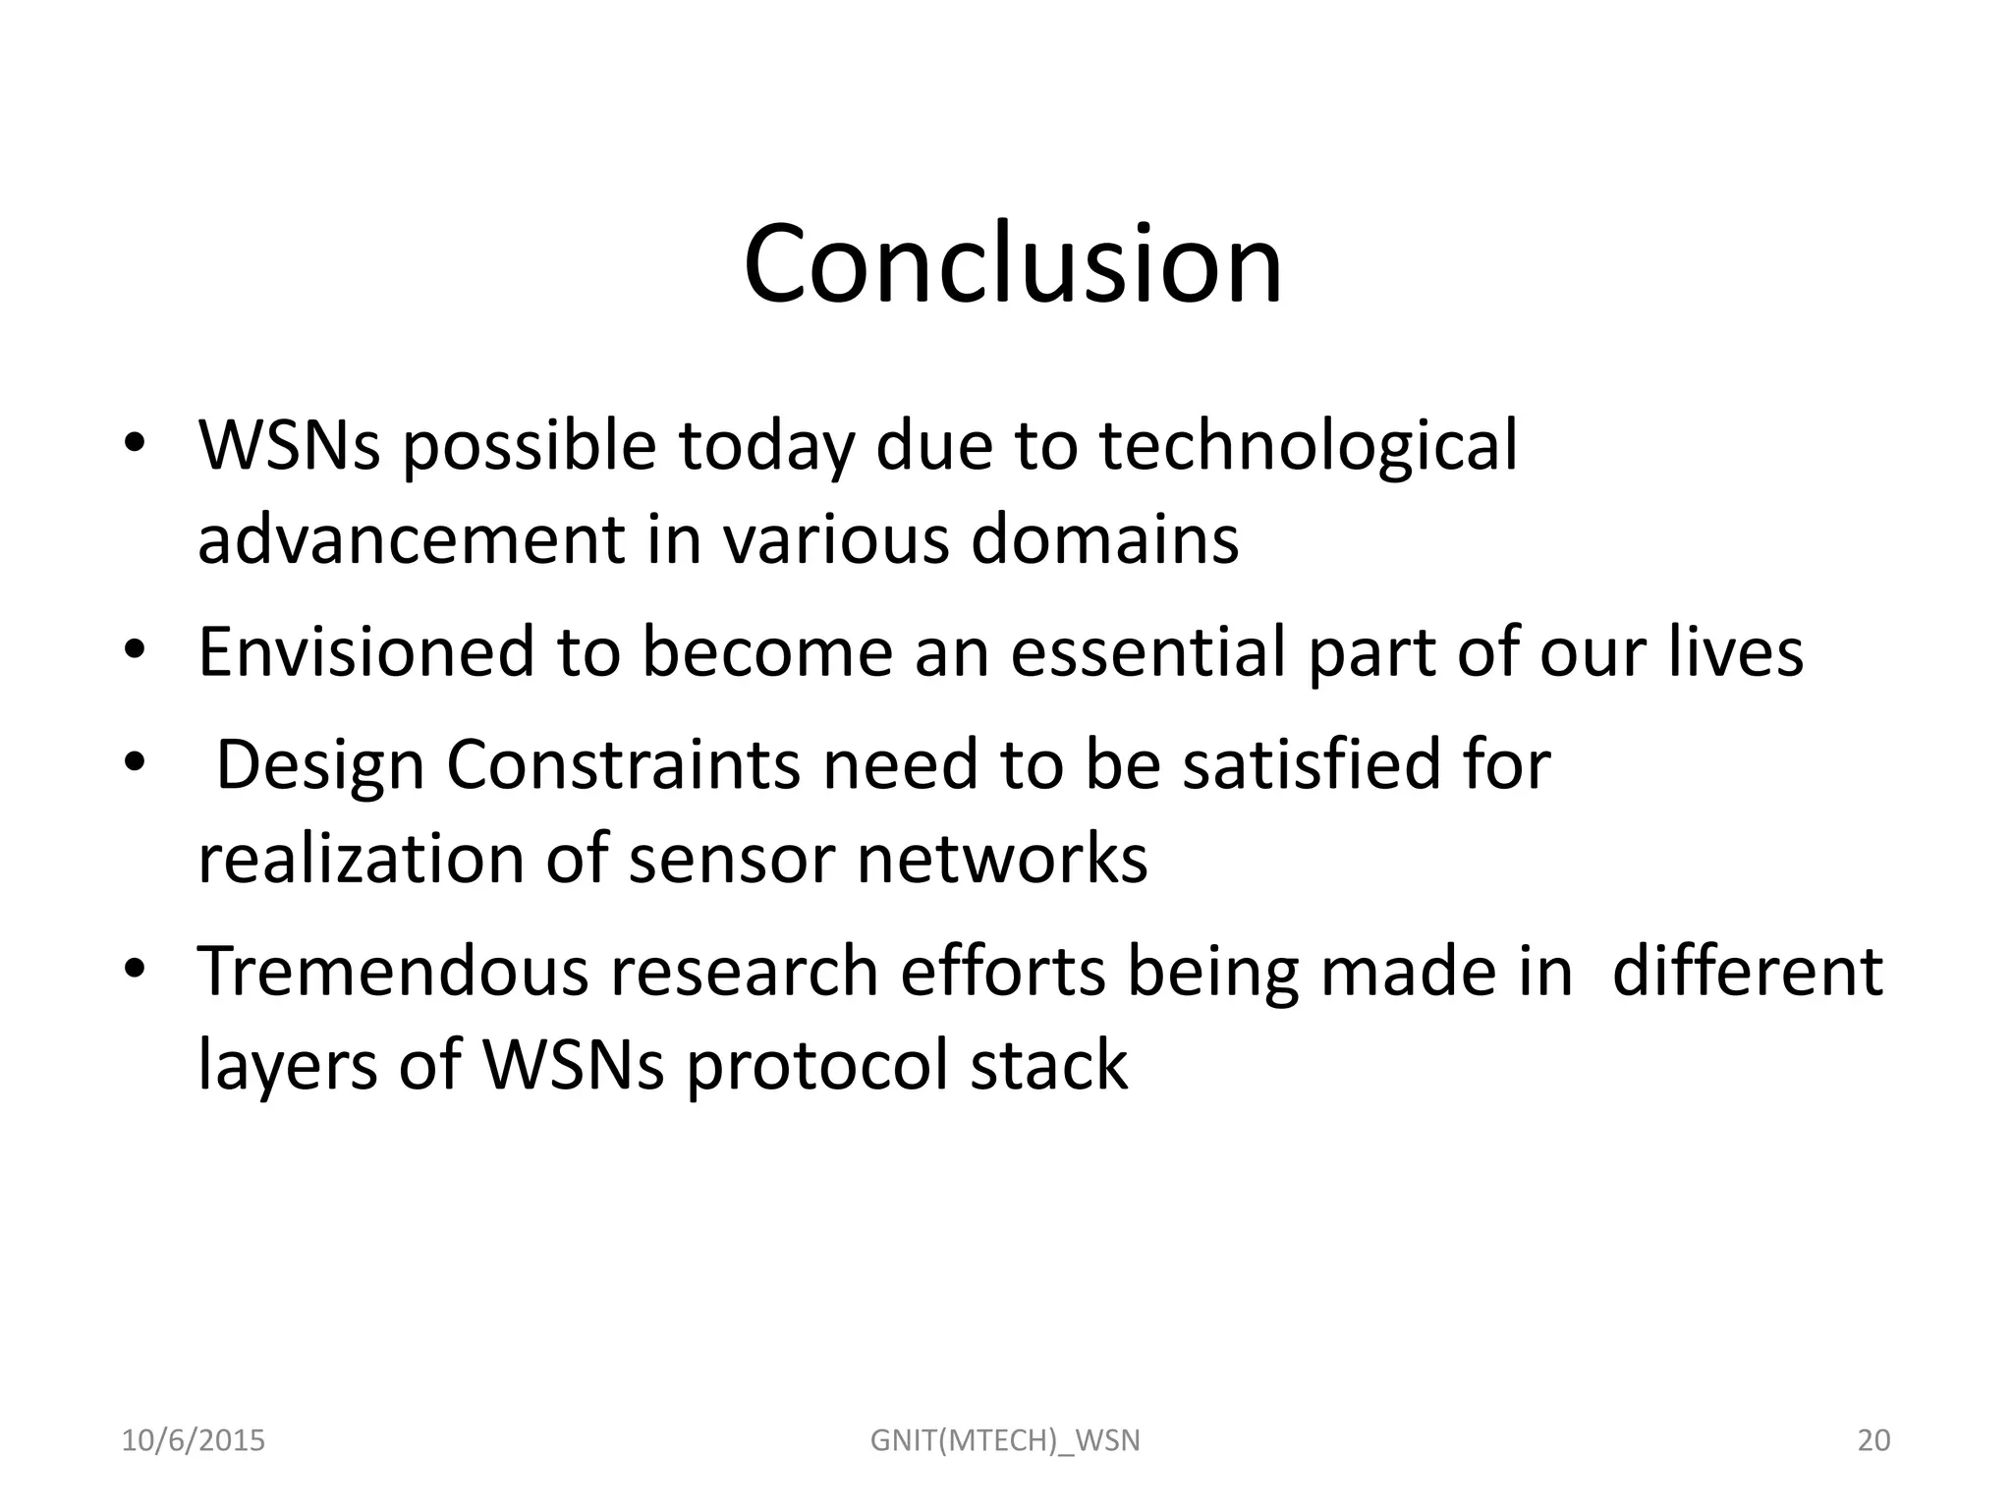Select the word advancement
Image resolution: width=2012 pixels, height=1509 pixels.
coord(411,540)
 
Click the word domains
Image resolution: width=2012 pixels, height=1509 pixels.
coord(1104,540)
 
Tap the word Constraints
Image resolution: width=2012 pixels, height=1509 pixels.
coord(623,765)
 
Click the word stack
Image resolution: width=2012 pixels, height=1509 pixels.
coord(1048,1065)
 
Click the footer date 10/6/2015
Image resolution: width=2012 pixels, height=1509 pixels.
coord(193,1441)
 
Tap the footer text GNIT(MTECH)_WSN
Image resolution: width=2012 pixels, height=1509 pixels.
coord(1005,1441)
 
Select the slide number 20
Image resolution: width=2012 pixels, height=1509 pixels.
coord(1873,1441)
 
